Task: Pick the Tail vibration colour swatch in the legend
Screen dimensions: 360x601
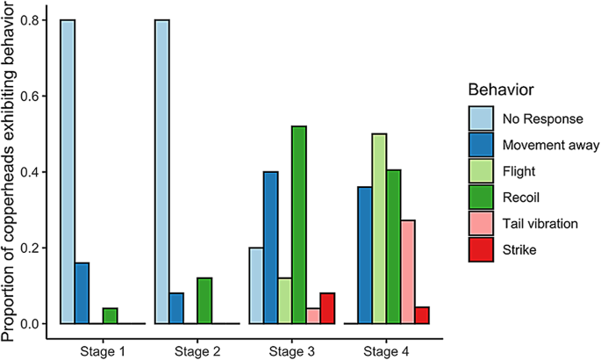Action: (x=481, y=223)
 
